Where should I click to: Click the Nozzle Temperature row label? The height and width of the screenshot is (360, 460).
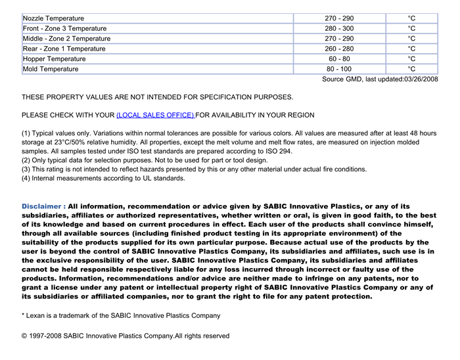click(53, 18)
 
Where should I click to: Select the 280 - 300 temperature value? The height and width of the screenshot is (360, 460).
click(338, 29)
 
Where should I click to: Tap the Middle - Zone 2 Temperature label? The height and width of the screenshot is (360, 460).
click(66, 39)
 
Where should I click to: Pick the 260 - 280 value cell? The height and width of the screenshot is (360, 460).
click(338, 49)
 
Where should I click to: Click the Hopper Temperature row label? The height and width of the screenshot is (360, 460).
click(54, 59)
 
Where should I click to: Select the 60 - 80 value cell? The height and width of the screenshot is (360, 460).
click(338, 59)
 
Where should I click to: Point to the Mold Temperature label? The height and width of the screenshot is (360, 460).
click(51, 69)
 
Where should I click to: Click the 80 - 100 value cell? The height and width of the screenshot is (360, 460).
click(338, 69)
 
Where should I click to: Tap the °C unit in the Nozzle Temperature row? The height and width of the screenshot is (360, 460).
click(411, 18)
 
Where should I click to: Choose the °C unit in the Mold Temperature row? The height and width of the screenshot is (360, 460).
click(411, 69)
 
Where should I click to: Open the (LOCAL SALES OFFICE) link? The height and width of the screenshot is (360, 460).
click(155, 115)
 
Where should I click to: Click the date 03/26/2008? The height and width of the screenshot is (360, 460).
click(421, 79)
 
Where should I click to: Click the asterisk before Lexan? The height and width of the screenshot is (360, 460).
click(23, 315)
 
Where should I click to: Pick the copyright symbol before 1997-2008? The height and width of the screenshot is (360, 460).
click(25, 336)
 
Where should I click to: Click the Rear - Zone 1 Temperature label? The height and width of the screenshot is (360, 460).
click(64, 49)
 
